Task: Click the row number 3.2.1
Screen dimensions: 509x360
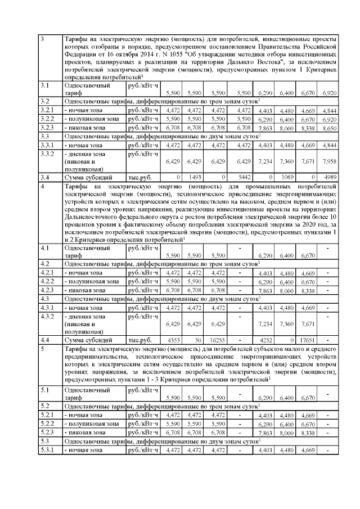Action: point(47,110)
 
